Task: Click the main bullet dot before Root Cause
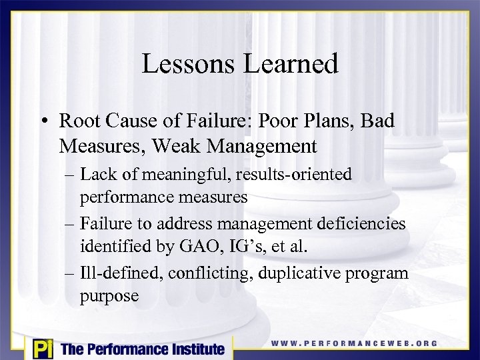point(45,122)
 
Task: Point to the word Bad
point(376,121)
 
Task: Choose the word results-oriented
point(294,175)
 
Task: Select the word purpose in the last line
point(109,295)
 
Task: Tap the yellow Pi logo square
point(41,349)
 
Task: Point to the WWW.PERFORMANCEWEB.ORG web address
point(354,343)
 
